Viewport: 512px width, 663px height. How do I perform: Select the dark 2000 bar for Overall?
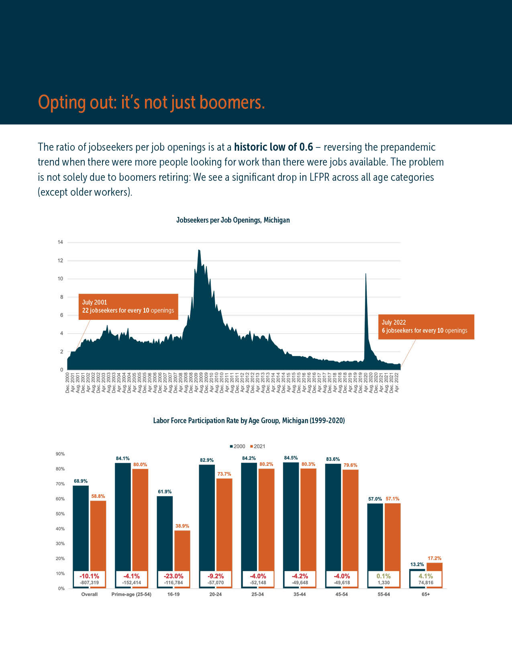coord(81,526)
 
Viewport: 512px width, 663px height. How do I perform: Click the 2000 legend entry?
coord(237,446)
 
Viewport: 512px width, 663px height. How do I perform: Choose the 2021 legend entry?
coord(257,446)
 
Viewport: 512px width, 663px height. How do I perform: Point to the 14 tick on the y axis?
coord(60,242)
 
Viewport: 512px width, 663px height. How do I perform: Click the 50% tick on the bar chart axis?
coord(60,514)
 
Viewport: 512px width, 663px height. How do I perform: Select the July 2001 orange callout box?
coord(128,307)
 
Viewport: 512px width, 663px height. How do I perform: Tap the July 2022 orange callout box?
coord(426,327)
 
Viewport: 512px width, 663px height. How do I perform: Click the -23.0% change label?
coord(173,576)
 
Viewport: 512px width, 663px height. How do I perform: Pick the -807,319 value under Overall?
coord(90,583)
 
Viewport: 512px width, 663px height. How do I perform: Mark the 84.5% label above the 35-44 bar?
coord(291,458)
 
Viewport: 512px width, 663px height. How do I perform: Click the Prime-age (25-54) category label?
coord(131,594)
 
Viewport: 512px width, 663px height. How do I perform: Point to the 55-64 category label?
coord(383,594)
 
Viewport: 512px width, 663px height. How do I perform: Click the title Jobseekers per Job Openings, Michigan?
coord(233,220)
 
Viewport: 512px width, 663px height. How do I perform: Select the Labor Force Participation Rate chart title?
coord(249,421)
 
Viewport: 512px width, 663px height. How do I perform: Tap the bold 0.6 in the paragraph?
coord(306,147)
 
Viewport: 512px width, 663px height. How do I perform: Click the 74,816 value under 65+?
coord(426,583)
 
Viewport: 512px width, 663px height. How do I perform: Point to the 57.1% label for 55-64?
coord(392,499)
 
